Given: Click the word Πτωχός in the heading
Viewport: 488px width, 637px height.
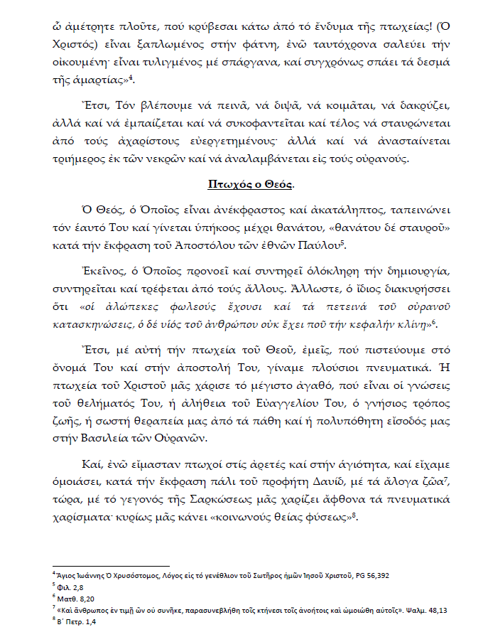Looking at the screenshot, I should click(x=225, y=184).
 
